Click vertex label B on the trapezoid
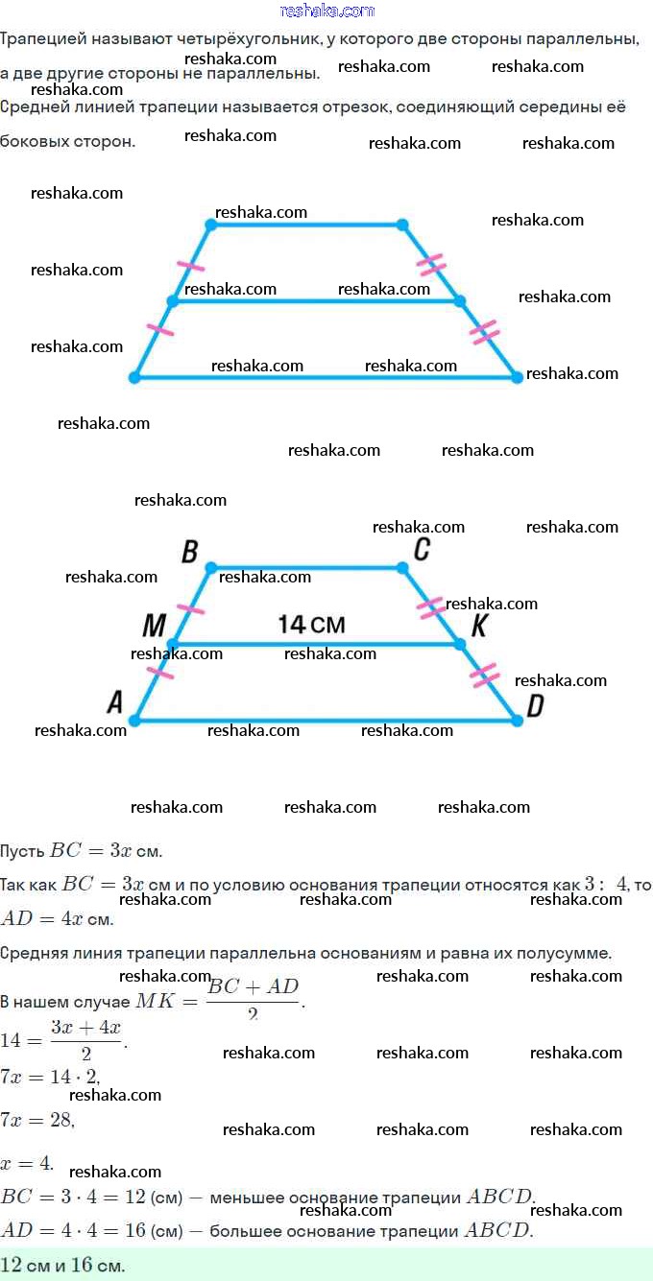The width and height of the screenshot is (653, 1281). click(x=189, y=552)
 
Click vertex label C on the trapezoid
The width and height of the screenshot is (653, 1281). click(x=421, y=549)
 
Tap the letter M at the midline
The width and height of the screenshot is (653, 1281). click(x=154, y=627)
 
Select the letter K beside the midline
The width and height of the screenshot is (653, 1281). click(x=480, y=626)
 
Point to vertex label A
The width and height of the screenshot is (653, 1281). click(x=114, y=703)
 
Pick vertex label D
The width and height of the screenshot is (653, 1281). click(x=535, y=706)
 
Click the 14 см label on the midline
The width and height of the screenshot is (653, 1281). click(x=311, y=625)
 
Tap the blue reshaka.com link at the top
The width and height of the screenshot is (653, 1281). click(x=326, y=11)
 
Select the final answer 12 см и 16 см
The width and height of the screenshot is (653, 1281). click(x=63, y=1265)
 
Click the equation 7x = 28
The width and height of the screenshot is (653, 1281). click(x=37, y=1119)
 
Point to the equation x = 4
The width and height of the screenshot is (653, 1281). click(x=27, y=1163)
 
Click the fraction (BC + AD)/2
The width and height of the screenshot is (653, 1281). click(x=254, y=998)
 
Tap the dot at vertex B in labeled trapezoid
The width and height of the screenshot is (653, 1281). click(x=211, y=568)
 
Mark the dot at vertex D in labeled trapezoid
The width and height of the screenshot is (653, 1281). click(x=517, y=720)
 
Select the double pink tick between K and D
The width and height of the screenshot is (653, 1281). click(x=484, y=675)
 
